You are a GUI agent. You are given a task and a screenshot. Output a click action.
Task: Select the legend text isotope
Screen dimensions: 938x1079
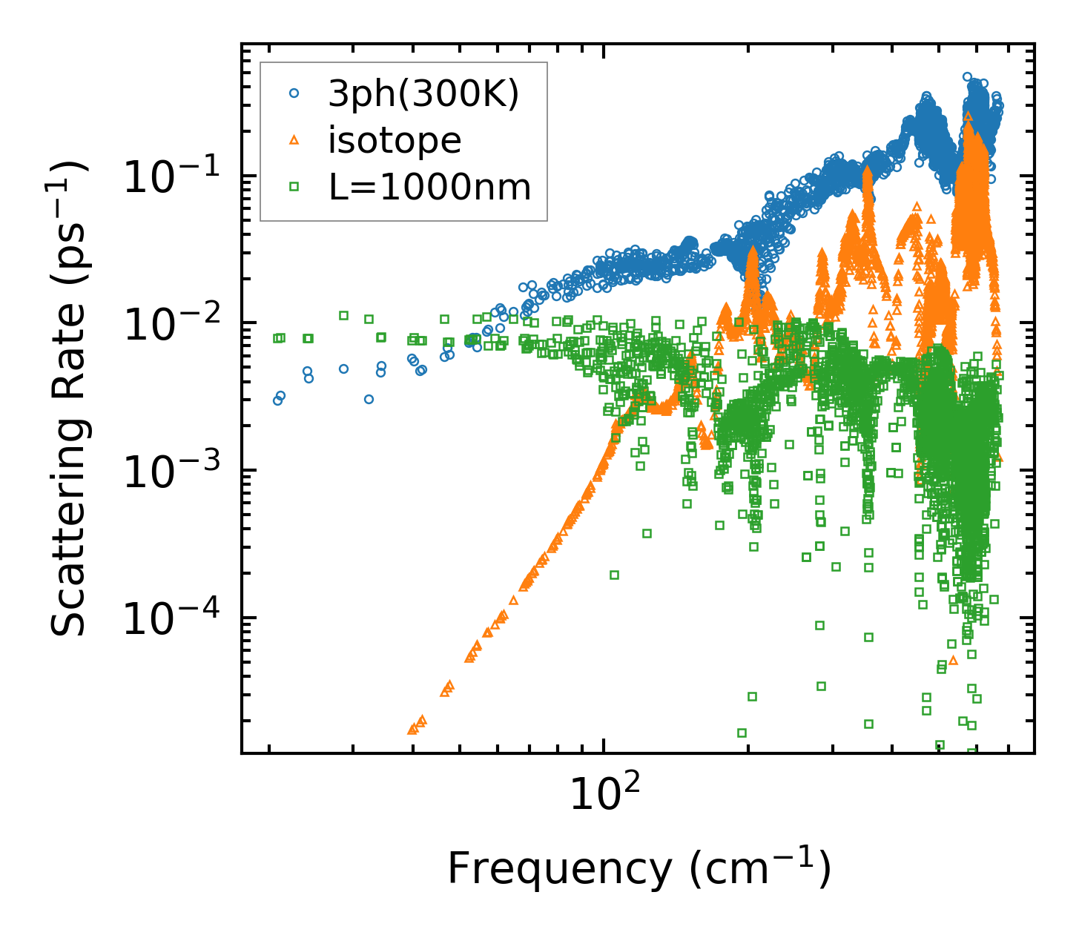395,140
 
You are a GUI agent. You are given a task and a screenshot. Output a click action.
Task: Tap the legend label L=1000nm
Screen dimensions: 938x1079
430,188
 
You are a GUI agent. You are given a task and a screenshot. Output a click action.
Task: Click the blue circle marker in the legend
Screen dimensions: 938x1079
294,93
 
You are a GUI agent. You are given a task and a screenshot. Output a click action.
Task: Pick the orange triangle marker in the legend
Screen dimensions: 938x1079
294,139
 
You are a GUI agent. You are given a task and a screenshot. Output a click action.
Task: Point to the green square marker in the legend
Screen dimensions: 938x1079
294,187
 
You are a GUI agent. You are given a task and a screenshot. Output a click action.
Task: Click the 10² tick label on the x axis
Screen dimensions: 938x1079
604,797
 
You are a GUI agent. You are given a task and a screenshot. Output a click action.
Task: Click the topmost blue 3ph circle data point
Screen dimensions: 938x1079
967,76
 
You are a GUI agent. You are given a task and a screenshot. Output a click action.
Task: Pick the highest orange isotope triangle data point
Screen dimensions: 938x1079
968,116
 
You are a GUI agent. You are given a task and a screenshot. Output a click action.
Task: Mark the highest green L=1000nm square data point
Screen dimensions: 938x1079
343,315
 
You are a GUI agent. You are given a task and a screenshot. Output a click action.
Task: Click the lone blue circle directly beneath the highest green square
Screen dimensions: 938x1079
343,369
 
